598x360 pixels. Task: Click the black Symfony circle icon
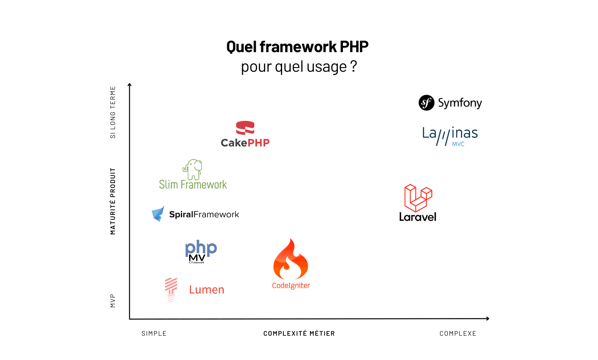click(x=427, y=103)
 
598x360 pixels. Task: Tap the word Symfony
click(x=460, y=103)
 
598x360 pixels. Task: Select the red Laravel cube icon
click(x=418, y=198)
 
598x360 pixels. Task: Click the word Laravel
click(x=418, y=217)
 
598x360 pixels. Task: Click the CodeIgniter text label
click(x=291, y=285)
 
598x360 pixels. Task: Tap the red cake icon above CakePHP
click(x=245, y=128)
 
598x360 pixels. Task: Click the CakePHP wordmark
click(x=245, y=143)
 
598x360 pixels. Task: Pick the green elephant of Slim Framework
click(x=193, y=169)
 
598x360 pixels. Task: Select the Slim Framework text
click(x=193, y=185)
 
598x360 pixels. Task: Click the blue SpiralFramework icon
click(x=158, y=214)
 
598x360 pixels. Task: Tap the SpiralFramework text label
click(x=204, y=215)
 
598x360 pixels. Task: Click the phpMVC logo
click(x=201, y=251)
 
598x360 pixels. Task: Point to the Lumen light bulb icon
click(x=171, y=289)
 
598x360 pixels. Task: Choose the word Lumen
click(x=206, y=290)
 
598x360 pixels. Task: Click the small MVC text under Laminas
click(x=458, y=144)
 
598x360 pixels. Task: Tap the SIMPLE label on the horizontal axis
click(x=154, y=334)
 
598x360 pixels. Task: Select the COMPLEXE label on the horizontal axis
click(x=458, y=334)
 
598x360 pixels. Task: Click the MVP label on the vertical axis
click(x=113, y=301)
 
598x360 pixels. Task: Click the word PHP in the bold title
click(x=354, y=47)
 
